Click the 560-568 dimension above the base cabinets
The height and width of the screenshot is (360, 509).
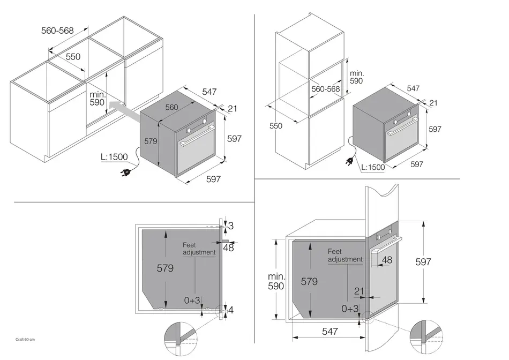click(57, 31)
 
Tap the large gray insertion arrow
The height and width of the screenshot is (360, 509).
click(125, 110)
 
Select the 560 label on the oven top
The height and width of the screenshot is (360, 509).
click(171, 107)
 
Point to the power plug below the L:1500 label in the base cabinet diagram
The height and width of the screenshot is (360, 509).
click(125, 172)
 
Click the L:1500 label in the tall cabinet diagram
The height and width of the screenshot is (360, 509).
click(373, 167)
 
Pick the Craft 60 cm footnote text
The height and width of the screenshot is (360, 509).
click(25, 340)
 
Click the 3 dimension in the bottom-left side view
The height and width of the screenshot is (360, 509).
click(231, 226)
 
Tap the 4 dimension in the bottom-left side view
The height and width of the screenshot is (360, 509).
click(231, 310)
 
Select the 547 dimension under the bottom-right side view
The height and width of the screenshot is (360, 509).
click(330, 331)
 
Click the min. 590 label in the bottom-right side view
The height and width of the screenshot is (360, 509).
click(276, 281)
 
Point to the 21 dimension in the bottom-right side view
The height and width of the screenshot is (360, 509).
click(358, 291)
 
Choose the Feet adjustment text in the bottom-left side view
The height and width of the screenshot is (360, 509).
click(199, 249)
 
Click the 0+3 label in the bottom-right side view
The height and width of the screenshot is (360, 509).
click(350, 309)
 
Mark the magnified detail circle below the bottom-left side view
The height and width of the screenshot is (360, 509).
click(181, 339)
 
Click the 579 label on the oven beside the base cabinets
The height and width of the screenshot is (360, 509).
click(151, 141)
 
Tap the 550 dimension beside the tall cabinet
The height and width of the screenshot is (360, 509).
click(275, 126)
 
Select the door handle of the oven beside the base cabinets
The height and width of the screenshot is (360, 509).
click(197, 136)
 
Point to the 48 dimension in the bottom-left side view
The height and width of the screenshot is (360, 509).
click(229, 247)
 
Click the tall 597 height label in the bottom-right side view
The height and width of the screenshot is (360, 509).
click(423, 261)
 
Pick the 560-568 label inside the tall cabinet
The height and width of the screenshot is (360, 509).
click(326, 89)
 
